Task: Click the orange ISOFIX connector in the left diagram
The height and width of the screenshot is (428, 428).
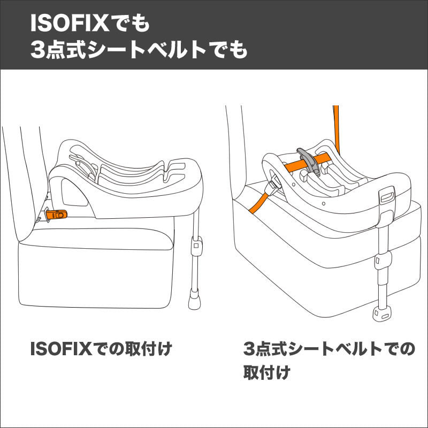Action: pyautogui.click(x=57, y=214)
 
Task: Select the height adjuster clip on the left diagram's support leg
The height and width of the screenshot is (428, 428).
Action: pyautogui.click(x=196, y=247)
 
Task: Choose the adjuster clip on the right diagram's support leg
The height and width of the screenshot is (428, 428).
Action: pyautogui.click(x=381, y=261)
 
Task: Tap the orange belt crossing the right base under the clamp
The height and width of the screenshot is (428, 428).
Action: pyautogui.click(x=321, y=160)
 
